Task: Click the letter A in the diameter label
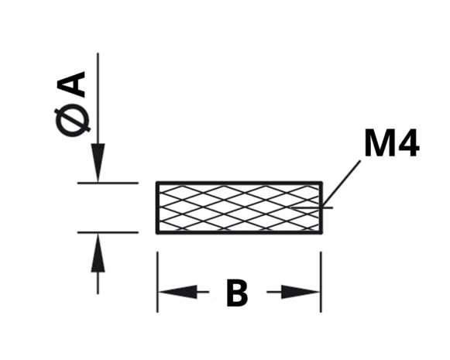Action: click(71, 84)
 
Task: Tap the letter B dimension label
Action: click(237, 293)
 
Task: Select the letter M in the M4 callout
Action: click(378, 143)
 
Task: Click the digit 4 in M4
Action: click(407, 143)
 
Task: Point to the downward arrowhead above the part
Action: click(98, 163)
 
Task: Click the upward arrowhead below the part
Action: click(98, 252)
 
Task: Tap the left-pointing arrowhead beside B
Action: click(178, 292)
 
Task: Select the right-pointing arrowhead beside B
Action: click(301, 292)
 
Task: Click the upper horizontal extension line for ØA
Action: click(108, 183)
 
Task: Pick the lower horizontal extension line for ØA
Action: click(108, 232)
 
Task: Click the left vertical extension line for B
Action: click(157, 282)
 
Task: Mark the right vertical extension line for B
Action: click(321, 282)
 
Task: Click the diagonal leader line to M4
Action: click(342, 184)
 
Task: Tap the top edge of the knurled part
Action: click(239, 183)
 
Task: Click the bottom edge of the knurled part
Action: click(239, 231)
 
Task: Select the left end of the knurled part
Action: click(157, 207)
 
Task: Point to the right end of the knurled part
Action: click(321, 207)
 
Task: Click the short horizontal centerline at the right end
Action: click(311, 207)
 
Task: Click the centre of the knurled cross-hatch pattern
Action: click(239, 207)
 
